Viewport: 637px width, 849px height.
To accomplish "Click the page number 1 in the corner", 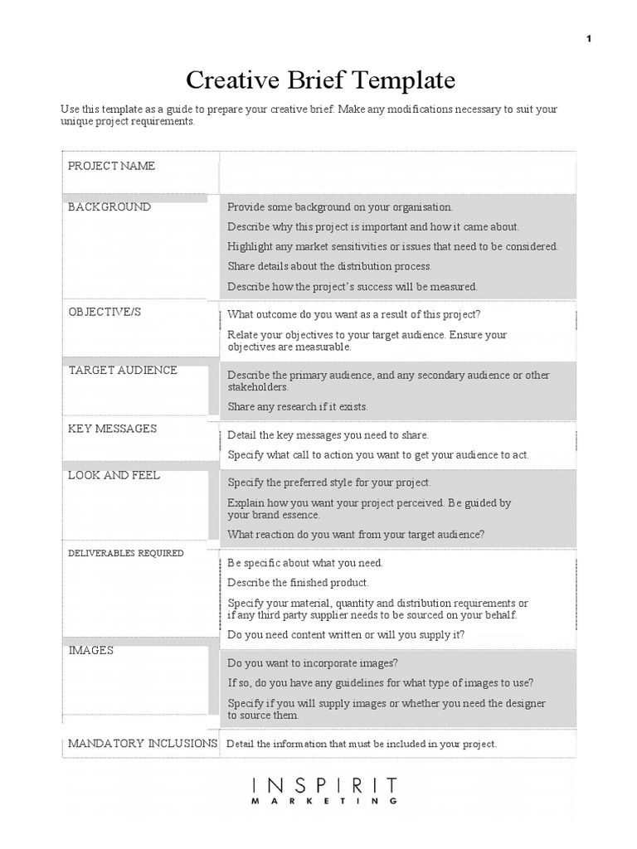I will [589, 39].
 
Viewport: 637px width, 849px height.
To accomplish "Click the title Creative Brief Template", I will [320, 80].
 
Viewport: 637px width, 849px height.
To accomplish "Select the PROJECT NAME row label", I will [111, 166].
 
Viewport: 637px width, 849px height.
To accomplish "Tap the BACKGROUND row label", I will [109, 207].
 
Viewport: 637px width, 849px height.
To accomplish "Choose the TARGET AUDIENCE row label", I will [123, 371].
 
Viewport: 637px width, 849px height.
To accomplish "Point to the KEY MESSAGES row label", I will [112, 429].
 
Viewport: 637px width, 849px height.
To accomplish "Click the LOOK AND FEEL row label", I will [114, 476].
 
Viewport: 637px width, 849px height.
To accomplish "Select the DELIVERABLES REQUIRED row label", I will [126, 553].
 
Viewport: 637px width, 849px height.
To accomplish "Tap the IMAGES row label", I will [91, 651].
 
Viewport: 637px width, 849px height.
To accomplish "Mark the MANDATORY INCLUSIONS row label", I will [143, 744].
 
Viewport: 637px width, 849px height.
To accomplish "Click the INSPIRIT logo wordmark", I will [325, 785].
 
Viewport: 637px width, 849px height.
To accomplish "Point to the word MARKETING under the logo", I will [325, 802].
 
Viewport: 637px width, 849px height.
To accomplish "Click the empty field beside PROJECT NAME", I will [396, 172].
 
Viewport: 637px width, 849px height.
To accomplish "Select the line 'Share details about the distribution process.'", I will [330, 267].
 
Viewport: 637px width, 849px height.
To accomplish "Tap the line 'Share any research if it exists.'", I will [298, 407].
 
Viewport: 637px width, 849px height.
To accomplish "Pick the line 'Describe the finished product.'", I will [299, 583].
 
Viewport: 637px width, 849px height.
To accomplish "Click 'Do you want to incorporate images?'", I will [313, 663].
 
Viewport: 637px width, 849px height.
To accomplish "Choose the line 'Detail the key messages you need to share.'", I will [328, 435].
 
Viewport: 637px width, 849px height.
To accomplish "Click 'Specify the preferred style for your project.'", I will [329, 483].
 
